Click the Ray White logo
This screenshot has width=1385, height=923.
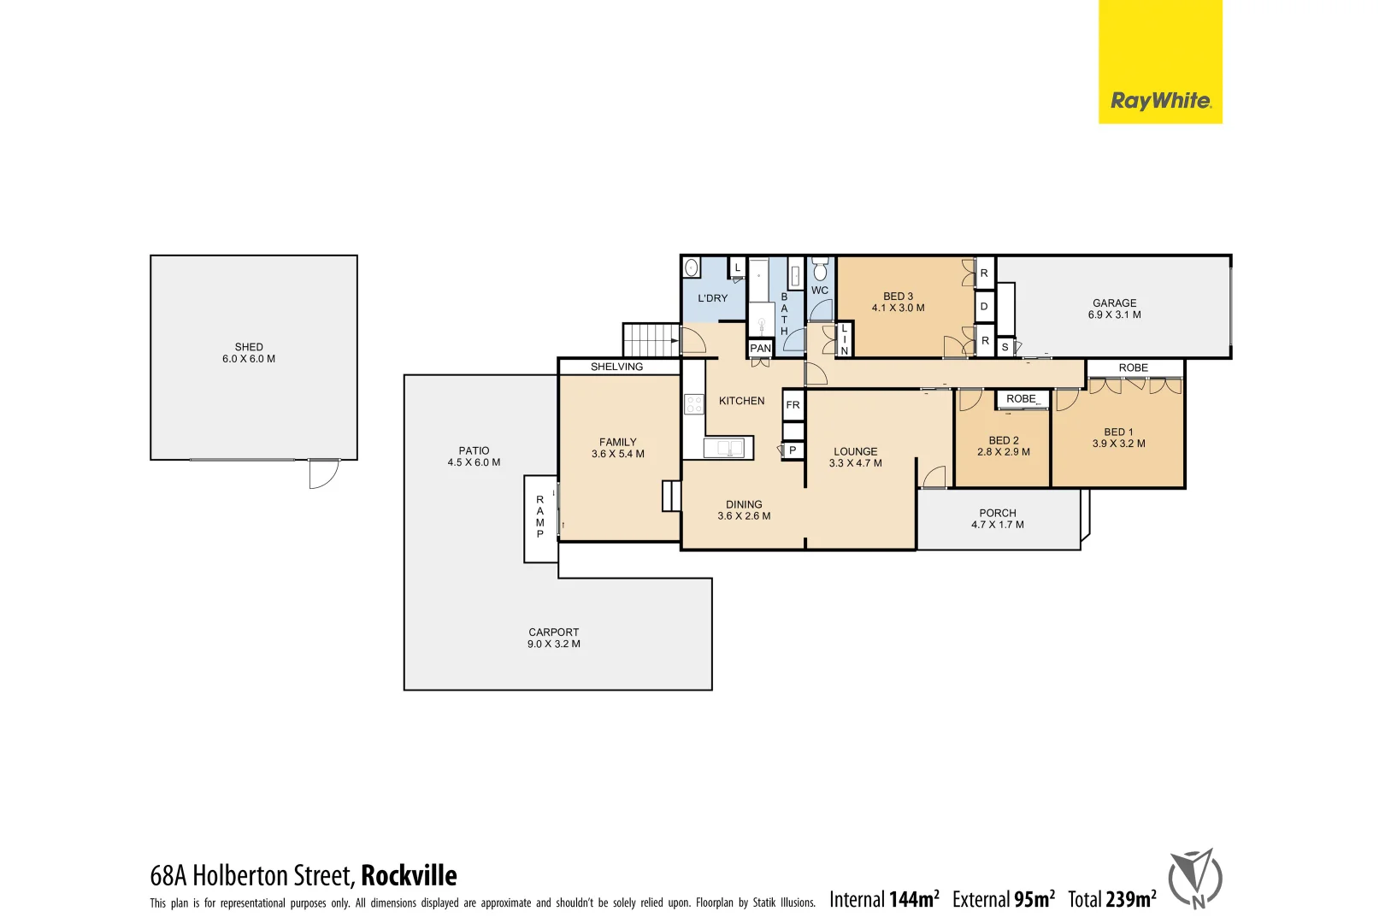point(1159,101)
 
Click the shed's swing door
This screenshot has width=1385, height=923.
point(323,473)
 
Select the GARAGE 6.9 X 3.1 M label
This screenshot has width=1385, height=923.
point(1114,309)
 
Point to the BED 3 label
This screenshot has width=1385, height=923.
point(898,297)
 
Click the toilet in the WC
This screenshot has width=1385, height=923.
point(820,271)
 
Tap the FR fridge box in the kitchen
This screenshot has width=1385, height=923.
point(793,405)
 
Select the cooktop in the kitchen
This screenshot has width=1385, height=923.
point(694,404)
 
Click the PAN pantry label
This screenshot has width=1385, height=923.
point(760,348)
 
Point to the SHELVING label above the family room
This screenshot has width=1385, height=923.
point(616,367)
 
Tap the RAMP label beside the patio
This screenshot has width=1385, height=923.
point(540,516)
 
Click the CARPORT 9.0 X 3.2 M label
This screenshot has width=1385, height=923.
point(553,638)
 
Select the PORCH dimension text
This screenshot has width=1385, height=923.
point(997,525)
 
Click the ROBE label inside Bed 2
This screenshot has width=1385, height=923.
point(1021,399)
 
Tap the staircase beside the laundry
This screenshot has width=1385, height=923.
point(650,339)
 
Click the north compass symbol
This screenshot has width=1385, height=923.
point(1195,879)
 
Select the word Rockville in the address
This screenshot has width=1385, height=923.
point(409,875)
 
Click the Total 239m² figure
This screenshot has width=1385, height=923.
point(1111,899)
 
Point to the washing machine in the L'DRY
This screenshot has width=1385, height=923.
point(692,267)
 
